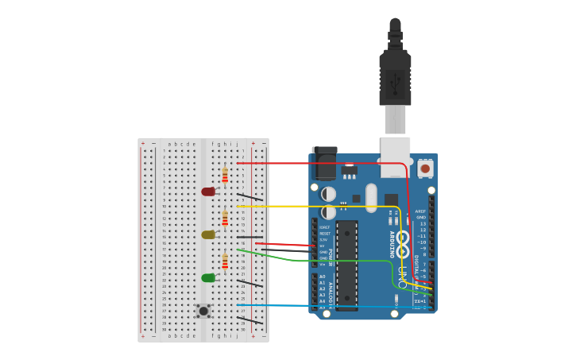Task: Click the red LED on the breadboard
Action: pos(208,192)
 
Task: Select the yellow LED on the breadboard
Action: pos(208,234)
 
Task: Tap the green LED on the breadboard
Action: pos(208,277)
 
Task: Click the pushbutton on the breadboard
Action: pos(203,311)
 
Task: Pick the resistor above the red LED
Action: pos(225,175)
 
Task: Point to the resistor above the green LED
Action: pos(225,261)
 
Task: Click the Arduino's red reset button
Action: pos(425,168)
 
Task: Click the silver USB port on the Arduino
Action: pos(395,156)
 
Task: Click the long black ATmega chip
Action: pos(346,265)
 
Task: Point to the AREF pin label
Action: pos(420,211)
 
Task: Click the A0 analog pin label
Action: pos(323,277)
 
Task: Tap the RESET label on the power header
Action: pos(324,234)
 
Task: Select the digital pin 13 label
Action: pos(423,224)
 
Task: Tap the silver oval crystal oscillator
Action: pos(371,198)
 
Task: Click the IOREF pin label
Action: pos(324,227)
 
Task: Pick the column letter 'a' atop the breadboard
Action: pos(168,145)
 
